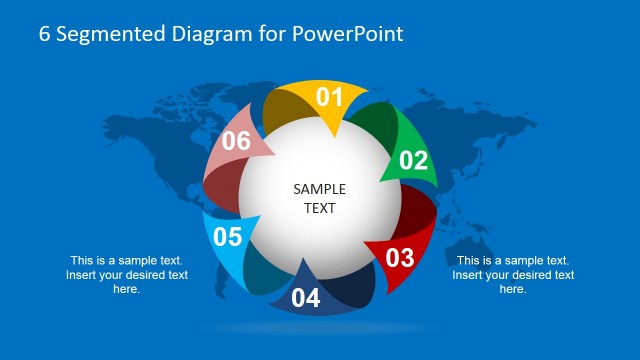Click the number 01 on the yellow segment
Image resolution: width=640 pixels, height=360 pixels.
[x=330, y=97]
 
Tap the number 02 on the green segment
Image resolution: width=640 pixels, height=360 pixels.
[x=413, y=160]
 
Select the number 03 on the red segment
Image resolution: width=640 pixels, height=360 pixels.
[x=399, y=257]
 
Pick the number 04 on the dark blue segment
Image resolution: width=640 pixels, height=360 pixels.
[x=306, y=298]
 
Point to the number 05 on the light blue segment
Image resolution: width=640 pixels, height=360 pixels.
[x=228, y=237]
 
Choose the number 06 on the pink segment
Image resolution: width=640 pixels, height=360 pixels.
[x=236, y=141]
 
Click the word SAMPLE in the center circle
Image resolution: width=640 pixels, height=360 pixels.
[x=320, y=189]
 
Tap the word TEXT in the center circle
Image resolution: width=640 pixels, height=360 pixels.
[x=320, y=209]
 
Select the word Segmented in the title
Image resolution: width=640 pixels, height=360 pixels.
[x=101, y=34]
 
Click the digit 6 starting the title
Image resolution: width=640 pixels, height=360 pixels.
[x=45, y=34]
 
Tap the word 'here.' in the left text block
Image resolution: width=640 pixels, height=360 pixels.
[x=127, y=289]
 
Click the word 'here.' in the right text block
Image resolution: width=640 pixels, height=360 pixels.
[x=513, y=289]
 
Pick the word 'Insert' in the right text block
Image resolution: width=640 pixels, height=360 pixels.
[x=471, y=275]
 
